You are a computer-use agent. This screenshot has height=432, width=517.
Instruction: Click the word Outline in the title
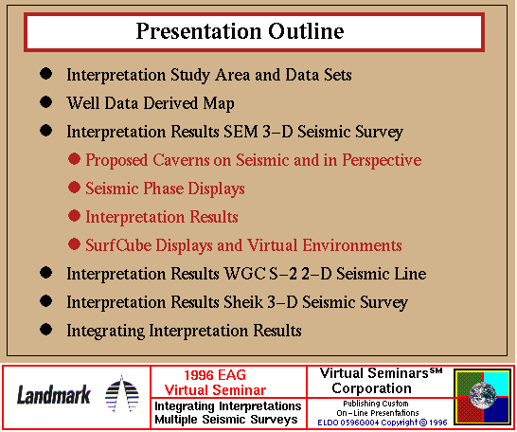306,31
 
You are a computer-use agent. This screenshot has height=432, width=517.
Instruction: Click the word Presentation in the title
199,32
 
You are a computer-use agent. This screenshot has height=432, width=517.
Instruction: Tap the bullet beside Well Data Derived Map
45,102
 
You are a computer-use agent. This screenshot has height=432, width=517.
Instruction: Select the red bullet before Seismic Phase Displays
74,188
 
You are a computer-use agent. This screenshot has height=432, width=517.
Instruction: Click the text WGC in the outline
244,274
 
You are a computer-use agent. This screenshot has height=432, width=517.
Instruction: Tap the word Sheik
243,302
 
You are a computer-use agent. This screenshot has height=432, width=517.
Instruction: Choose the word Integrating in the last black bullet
105,331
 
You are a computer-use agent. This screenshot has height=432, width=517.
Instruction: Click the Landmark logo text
53,395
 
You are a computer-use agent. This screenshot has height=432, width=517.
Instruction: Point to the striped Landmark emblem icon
121,394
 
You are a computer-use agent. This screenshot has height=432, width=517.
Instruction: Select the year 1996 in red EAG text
198,375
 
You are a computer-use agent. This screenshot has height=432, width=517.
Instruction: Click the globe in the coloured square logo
483,395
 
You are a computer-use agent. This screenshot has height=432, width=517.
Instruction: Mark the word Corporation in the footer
371,388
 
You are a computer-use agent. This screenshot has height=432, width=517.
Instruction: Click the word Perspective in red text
382,161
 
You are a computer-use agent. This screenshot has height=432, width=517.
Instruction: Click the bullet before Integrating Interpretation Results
45,330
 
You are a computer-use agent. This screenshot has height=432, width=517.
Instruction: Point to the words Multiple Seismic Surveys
226,420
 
